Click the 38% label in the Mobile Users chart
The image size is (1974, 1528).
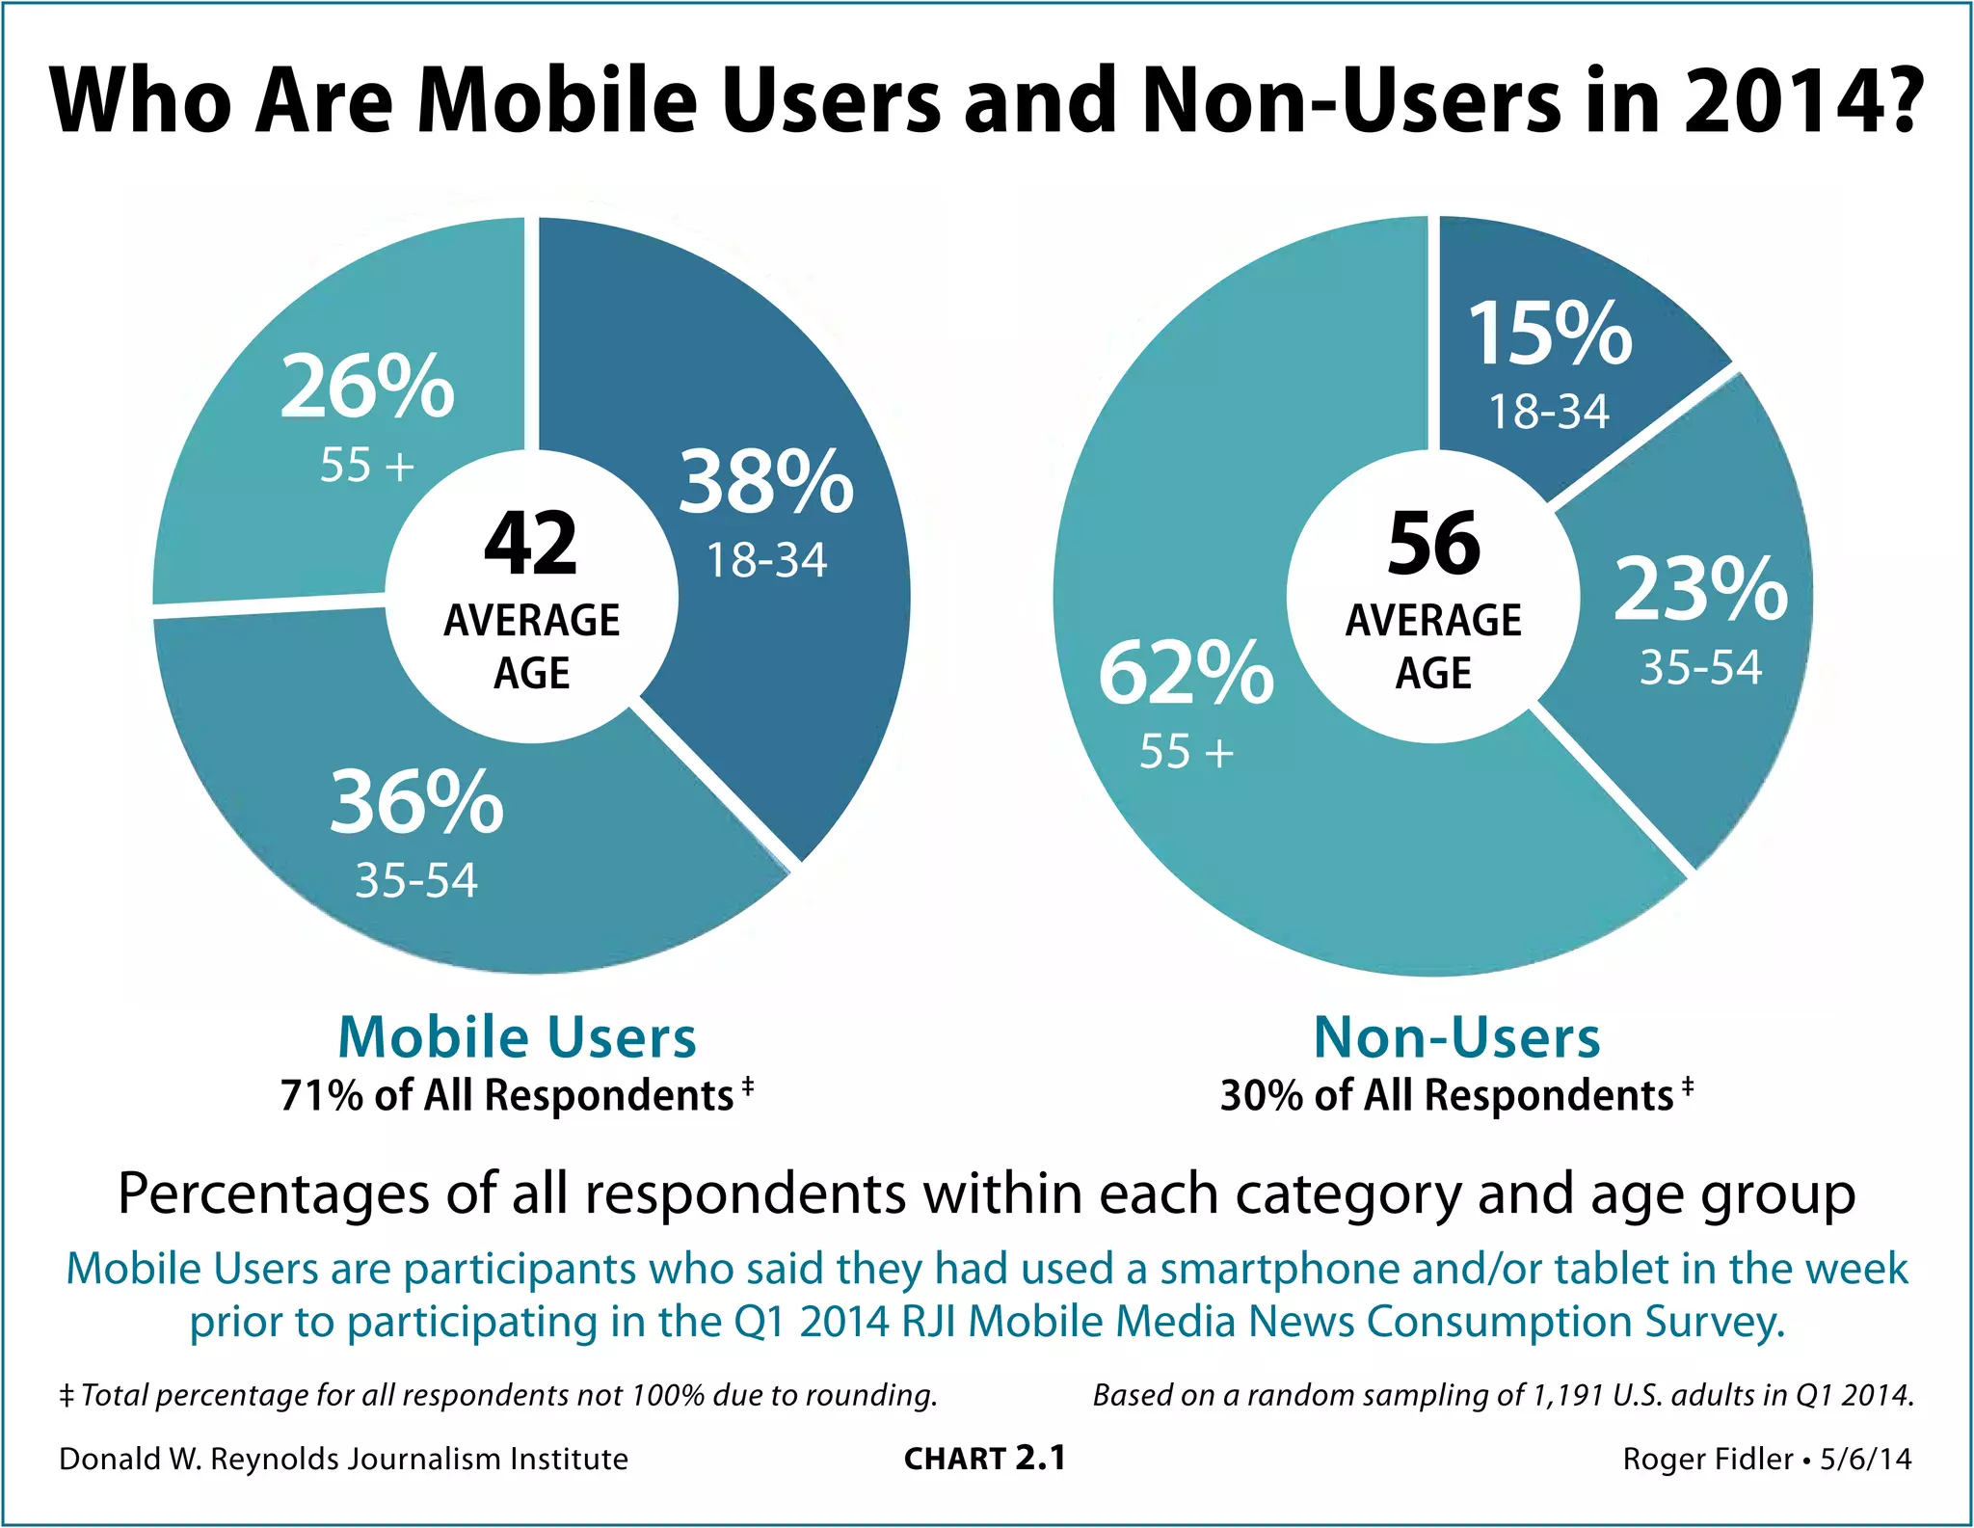pyautogui.click(x=766, y=483)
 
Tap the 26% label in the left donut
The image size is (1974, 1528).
pyautogui.click(x=367, y=388)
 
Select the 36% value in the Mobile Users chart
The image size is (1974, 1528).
pyautogui.click(x=416, y=802)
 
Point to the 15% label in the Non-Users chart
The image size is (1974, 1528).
pyautogui.click(x=1550, y=335)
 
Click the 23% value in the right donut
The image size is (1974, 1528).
pyautogui.click(x=1701, y=589)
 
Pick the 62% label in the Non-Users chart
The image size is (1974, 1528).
pyautogui.click(x=1187, y=674)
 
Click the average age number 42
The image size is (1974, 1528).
pyautogui.click(x=531, y=545)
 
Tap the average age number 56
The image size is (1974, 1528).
pyautogui.click(x=1433, y=545)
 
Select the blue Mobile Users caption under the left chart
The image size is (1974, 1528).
pyautogui.click(x=517, y=1037)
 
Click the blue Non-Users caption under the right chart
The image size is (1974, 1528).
pyautogui.click(x=1456, y=1037)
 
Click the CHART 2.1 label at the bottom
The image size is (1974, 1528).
pyautogui.click(x=985, y=1459)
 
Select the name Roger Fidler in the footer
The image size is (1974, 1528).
pyautogui.click(x=1707, y=1459)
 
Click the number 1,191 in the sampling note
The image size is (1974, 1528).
pyautogui.click(x=1568, y=1395)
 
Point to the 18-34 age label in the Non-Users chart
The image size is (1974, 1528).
pyautogui.click(x=1549, y=412)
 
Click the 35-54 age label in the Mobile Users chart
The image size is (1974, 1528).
pyautogui.click(x=416, y=880)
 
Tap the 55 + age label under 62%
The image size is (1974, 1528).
pyautogui.click(x=1187, y=752)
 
